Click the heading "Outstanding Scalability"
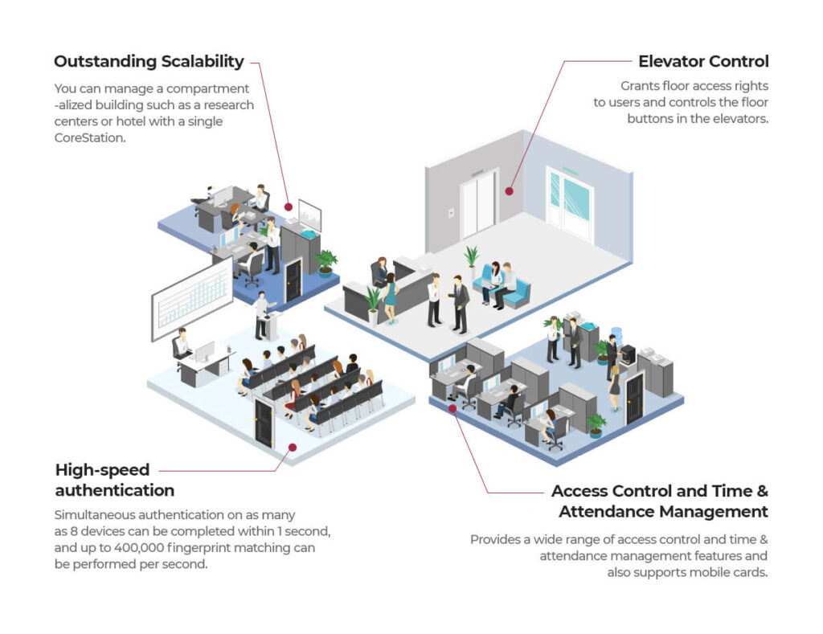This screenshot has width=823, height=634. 149,61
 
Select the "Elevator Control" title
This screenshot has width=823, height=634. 703,61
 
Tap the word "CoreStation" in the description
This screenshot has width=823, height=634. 91,138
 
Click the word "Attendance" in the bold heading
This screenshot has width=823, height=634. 612,512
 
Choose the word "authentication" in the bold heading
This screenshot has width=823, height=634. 114,489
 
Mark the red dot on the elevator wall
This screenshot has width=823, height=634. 508,191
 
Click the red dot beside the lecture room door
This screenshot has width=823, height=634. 292,447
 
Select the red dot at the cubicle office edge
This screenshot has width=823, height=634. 452,408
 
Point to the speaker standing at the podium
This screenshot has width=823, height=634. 260,313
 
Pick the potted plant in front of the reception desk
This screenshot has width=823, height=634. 374,303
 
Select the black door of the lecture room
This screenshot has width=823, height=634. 263,423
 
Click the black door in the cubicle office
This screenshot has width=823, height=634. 634,398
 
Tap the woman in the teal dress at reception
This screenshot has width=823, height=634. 391,297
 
